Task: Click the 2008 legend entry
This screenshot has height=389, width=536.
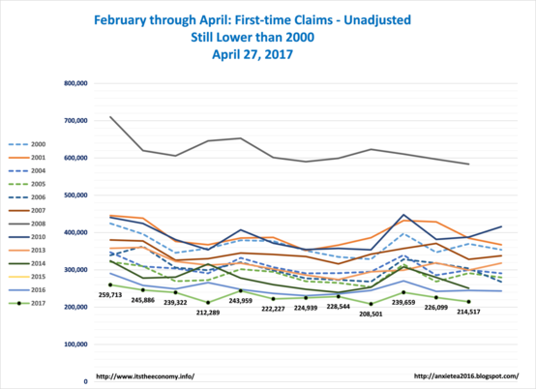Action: point(27,224)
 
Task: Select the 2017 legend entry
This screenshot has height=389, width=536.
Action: point(27,303)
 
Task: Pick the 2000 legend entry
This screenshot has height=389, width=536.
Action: point(27,144)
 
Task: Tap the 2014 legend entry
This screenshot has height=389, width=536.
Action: point(27,263)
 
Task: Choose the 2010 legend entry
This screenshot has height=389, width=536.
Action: point(27,237)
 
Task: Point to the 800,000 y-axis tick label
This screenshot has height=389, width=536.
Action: point(75,83)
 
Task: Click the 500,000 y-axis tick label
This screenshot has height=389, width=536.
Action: point(75,195)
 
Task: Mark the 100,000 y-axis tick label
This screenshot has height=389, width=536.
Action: point(75,344)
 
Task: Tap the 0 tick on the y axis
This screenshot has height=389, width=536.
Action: point(85,381)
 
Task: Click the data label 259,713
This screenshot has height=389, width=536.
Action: point(110,295)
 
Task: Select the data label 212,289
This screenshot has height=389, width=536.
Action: point(208,313)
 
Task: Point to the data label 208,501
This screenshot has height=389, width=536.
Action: point(371,314)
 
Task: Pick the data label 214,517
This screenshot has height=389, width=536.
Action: point(468,312)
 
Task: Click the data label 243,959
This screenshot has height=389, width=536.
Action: point(241,301)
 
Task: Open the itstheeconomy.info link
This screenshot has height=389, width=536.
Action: point(145,376)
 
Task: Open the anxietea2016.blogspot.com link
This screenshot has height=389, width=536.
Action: point(466,376)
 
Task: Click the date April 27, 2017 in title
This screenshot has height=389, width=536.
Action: point(253,54)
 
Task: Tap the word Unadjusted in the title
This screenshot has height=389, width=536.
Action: point(377,20)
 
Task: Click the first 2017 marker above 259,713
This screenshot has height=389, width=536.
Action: point(110,284)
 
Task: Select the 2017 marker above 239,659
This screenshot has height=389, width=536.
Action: point(403,292)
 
